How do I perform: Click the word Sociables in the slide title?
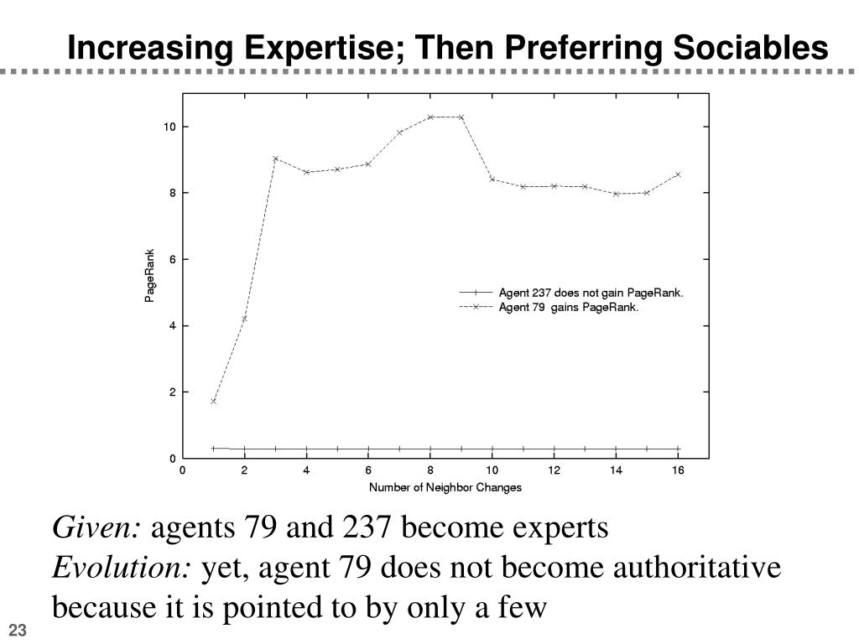pos(748,49)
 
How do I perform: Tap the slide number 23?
pos(17,631)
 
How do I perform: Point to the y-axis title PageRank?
pos(149,276)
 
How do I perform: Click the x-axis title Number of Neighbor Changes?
pos(445,487)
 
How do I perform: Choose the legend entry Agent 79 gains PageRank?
pos(569,308)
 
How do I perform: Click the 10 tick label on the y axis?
pos(169,127)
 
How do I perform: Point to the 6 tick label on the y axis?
pos(172,259)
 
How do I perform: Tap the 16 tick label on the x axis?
pos(678,470)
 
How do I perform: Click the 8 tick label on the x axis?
pos(430,470)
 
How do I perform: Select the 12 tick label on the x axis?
pos(554,470)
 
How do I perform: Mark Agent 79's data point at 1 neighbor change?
pos(214,402)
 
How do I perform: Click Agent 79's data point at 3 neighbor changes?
pos(275,158)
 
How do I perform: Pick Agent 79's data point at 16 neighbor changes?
pos(678,174)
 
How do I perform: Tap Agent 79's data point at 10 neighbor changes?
pos(492,179)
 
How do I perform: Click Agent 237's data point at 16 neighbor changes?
pos(678,449)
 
